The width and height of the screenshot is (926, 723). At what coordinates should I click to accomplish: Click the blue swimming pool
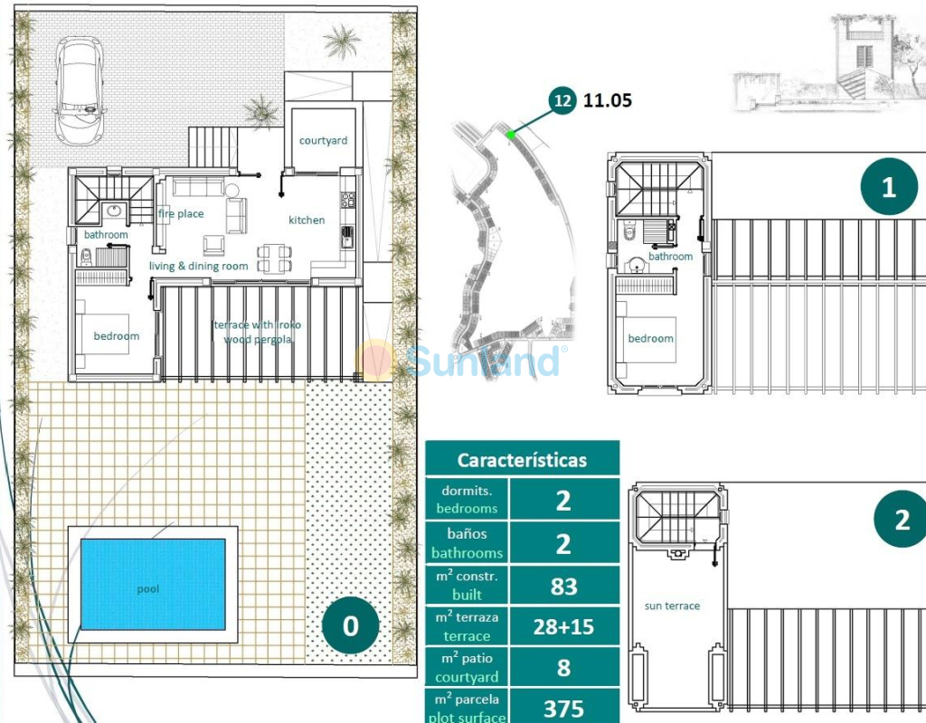tap(153, 584)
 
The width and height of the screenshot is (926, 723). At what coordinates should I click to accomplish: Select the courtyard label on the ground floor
tap(323, 140)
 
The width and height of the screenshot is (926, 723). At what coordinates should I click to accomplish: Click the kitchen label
tap(307, 221)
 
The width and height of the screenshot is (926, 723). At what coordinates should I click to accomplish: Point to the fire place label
tap(181, 213)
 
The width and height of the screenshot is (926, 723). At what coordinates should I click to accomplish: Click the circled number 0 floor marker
tap(350, 625)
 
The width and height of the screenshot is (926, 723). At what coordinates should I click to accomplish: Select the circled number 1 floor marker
tap(889, 186)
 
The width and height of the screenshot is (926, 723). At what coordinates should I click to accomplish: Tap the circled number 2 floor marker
tap(902, 520)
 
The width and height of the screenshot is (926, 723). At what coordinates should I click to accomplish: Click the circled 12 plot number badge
tap(562, 100)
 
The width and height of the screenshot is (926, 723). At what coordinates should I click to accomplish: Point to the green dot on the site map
tap(511, 136)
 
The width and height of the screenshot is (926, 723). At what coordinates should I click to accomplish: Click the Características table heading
tap(522, 460)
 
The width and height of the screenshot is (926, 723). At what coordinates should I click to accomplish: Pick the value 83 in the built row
tap(563, 586)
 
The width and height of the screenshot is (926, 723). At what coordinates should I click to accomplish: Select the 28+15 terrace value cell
tap(563, 627)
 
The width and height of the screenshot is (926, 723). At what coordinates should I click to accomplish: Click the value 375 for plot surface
tap(563, 709)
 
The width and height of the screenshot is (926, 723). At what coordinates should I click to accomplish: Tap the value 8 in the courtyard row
tap(563, 668)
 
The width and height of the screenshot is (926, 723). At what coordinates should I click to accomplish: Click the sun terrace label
tap(672, 606)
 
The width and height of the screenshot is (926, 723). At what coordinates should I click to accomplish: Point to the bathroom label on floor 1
tap(670, 256)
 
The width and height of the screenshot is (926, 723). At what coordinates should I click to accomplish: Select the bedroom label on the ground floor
tap(117, 336)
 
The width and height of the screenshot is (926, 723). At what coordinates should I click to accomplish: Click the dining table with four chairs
tap(274, 258)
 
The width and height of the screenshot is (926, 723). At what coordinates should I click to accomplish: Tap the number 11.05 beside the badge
tap(607, 100)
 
